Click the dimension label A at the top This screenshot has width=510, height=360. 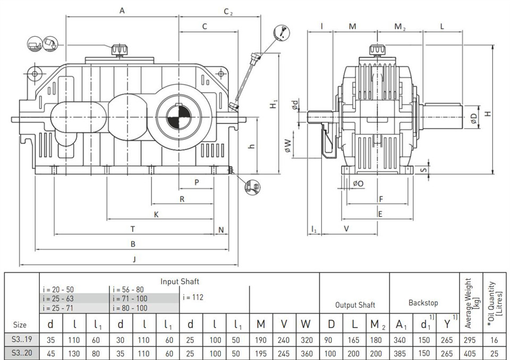122,11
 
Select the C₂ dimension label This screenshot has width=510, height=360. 228,12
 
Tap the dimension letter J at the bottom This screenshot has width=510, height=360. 134,259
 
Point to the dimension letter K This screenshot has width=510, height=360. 156,214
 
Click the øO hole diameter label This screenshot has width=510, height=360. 358,184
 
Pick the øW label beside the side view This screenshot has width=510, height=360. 287,146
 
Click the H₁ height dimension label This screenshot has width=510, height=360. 274,104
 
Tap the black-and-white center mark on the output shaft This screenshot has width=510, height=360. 178,116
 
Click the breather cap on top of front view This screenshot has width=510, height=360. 120,50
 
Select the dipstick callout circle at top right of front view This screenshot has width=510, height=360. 282,32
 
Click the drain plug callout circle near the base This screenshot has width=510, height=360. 252,187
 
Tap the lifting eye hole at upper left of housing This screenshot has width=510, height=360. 35,74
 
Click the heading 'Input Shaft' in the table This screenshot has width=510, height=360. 180,281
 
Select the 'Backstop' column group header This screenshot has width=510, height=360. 423,303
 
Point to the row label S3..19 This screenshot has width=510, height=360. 22,339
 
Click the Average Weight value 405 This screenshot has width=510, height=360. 470,354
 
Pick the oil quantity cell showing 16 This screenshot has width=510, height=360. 494,340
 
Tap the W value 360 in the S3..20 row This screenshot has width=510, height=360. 307,354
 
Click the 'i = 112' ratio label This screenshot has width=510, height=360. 193,297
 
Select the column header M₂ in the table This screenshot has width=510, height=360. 378,324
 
